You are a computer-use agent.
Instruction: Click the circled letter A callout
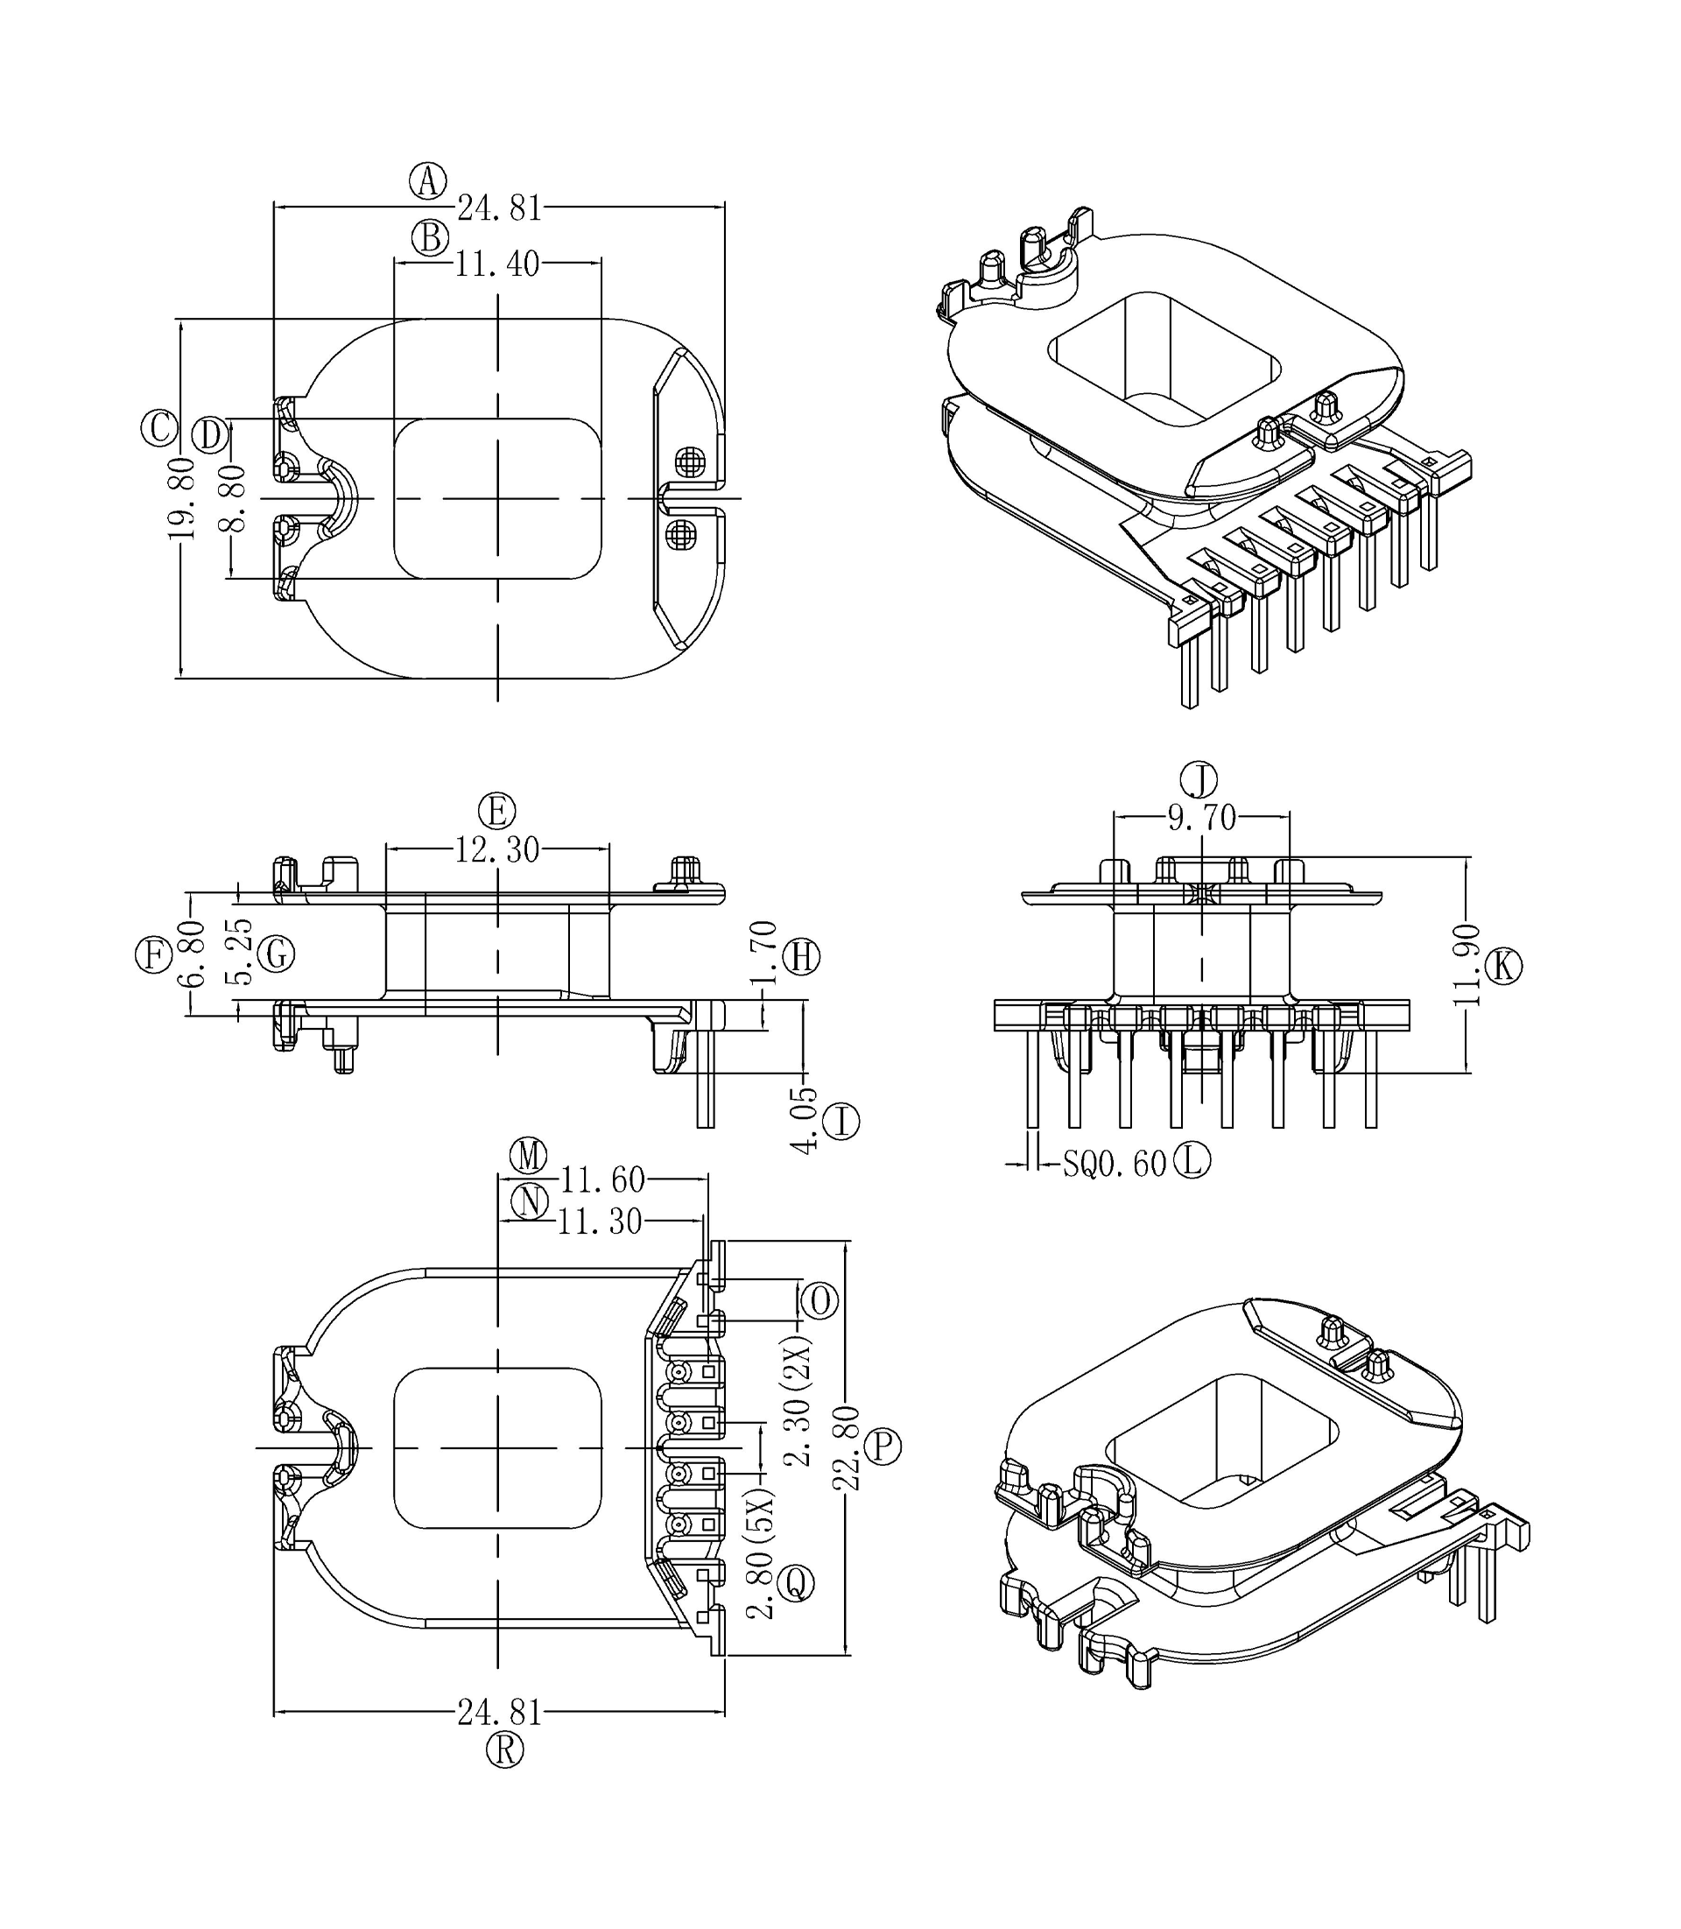[428, 180]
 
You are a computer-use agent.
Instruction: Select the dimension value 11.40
[497, 264]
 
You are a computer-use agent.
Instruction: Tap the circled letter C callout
[158, 428]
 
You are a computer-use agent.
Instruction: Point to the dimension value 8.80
[232, 498]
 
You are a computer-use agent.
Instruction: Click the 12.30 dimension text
[497, 850]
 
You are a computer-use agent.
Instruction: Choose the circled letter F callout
[153, 956]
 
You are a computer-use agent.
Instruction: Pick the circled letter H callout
[802, 957]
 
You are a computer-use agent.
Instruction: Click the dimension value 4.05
[804, 1120]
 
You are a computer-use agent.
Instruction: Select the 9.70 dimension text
[1201, 818]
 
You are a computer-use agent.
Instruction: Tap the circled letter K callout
[1504, 966]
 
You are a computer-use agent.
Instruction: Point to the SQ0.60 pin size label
[1114, 1165]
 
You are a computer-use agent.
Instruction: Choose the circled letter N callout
[529, 1202]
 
